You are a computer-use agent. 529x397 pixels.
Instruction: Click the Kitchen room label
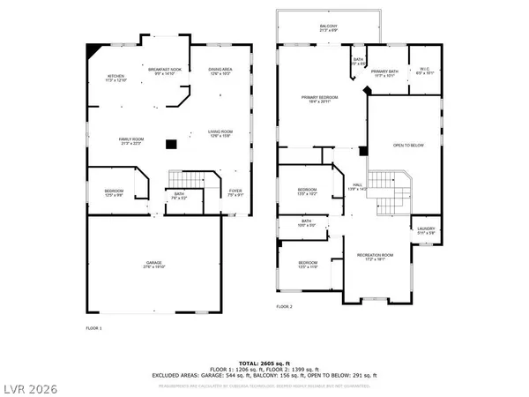pyautogui.click(x=115, y=78)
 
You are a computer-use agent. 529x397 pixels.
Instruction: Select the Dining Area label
pyautogui.click(x=220, y=71)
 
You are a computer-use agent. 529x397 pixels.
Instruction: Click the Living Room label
pyautogui.click(x=220, y=134)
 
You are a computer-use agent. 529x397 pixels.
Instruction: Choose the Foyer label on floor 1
pyautogui.click(x=235, y=192)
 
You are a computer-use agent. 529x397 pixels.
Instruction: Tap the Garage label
pyautogui.click(x=154, y=264)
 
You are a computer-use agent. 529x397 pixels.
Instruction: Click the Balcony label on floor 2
pyautogui.click(x=327, y=28)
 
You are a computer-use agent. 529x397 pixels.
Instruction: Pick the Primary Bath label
pyautogui.click(x=384, y=73)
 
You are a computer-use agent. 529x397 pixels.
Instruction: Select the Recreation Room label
pyautogui.click(x=375, y=257)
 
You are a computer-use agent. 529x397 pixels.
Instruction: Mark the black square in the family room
pyautogui.click(x=172, y=144)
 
